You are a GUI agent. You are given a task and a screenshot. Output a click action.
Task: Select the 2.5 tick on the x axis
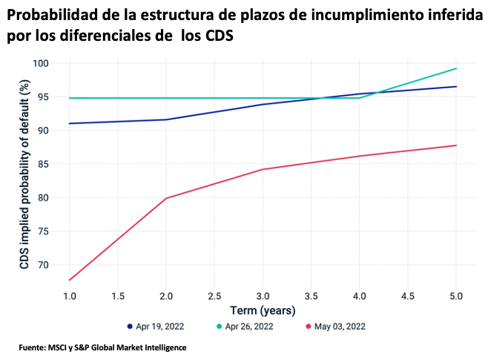coord(214,295)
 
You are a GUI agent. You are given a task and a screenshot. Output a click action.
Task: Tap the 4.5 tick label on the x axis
coord(407,295)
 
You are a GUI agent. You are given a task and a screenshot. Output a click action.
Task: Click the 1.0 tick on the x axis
coord(69,295)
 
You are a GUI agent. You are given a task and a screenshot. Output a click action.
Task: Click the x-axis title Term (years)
coord(263,310)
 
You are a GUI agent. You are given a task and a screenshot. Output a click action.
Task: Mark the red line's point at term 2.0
coord(166,198)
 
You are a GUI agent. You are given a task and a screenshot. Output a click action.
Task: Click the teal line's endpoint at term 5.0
coord(456,68)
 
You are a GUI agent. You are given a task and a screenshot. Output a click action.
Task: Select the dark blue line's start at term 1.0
coord(69,123)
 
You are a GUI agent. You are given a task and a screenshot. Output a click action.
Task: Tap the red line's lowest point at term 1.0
coord(69,280)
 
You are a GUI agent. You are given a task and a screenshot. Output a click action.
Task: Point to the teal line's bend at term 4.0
coord(360,98)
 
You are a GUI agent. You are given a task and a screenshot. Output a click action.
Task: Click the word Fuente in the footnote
coord(33,347)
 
